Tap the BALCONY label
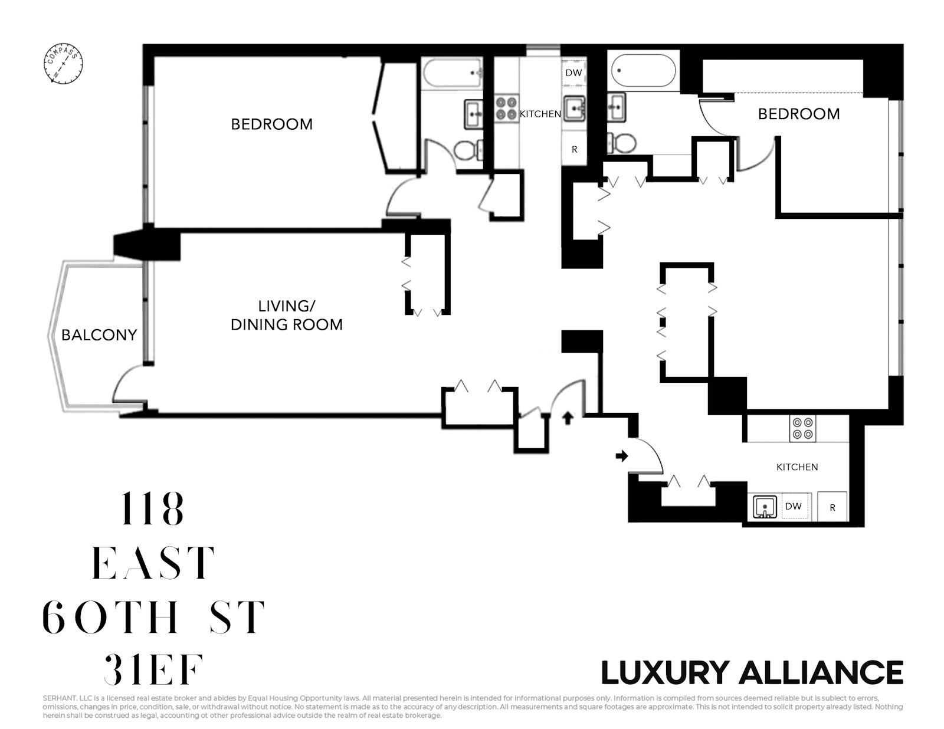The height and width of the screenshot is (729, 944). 99,335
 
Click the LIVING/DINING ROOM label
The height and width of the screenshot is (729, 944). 287,316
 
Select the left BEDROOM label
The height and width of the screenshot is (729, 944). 271,124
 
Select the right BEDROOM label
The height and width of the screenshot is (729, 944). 798,114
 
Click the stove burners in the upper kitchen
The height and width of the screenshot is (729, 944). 506,109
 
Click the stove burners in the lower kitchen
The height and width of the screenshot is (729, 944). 802,428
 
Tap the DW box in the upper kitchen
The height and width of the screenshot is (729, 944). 573,73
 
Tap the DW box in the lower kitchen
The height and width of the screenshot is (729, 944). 794,506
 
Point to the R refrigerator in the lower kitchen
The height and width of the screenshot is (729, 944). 832,507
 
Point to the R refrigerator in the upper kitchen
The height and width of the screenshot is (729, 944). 574,150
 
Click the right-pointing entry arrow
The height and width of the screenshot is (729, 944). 621,456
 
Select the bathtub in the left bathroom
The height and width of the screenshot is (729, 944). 452,74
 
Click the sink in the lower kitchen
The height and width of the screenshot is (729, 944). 765,507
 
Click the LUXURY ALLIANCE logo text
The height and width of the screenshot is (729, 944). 752,672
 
